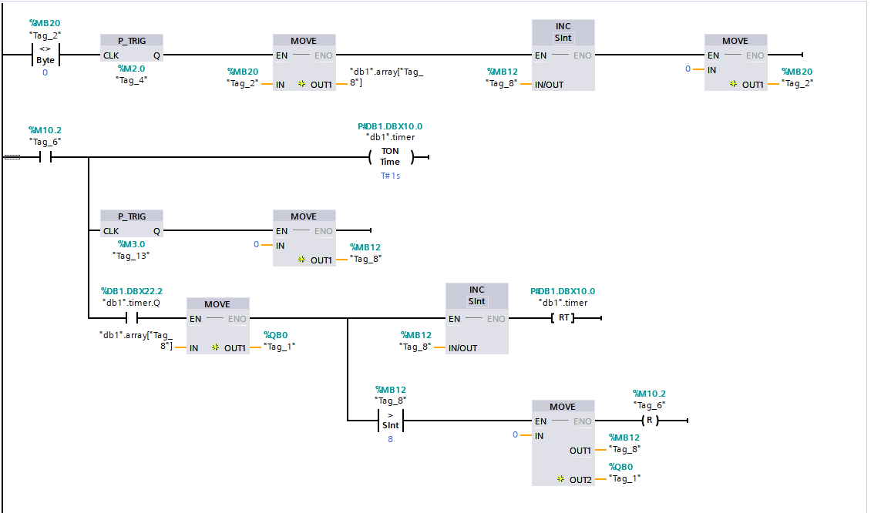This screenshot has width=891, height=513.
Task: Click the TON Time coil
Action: [390, 156]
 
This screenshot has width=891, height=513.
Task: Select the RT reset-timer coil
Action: [563, 317]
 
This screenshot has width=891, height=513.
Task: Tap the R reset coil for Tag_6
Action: [650, 421]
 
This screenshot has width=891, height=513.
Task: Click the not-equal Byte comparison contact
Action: [45, 55]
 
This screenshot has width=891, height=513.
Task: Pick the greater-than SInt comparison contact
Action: [390, 421]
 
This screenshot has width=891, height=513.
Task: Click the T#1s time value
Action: [390, 176]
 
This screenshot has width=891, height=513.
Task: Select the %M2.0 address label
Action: [131, 69]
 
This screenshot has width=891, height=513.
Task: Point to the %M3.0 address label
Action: [131, 244]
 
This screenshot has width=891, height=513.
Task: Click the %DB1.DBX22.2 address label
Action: [132, 291]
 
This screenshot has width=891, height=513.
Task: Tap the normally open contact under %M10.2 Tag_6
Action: [45, 157]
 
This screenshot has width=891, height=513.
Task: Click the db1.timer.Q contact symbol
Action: [132, 317]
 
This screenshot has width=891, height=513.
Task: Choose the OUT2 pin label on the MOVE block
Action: [580, 480]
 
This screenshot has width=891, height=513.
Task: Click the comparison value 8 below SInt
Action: [390, 439]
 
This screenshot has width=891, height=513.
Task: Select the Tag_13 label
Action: [131, 256]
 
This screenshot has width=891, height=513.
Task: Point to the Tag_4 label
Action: [131, 81]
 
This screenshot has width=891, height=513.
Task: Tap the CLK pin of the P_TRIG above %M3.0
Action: [111, 231]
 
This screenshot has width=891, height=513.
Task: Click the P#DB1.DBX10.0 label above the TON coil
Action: [390, 126]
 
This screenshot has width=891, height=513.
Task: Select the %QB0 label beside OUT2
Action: [621, 467]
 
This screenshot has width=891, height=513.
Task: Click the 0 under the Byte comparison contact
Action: [45, 72]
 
